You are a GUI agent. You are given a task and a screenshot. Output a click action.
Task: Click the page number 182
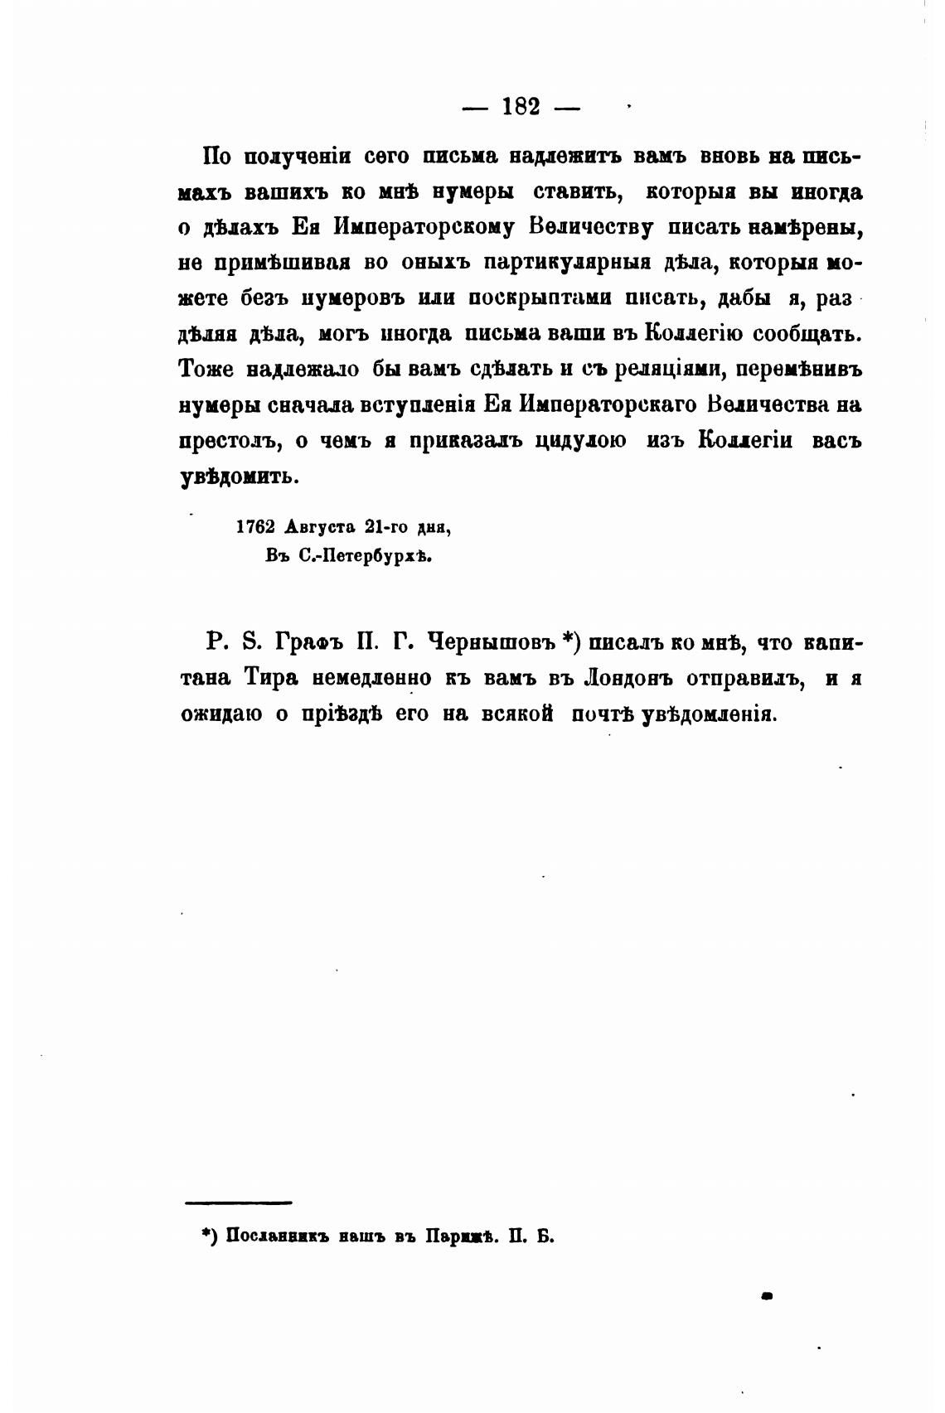521,107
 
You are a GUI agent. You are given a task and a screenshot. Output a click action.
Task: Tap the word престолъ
228,441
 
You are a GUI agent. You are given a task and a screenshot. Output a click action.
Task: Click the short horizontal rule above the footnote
239,1203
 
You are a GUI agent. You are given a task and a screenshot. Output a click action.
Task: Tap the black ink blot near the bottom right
767,1294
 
